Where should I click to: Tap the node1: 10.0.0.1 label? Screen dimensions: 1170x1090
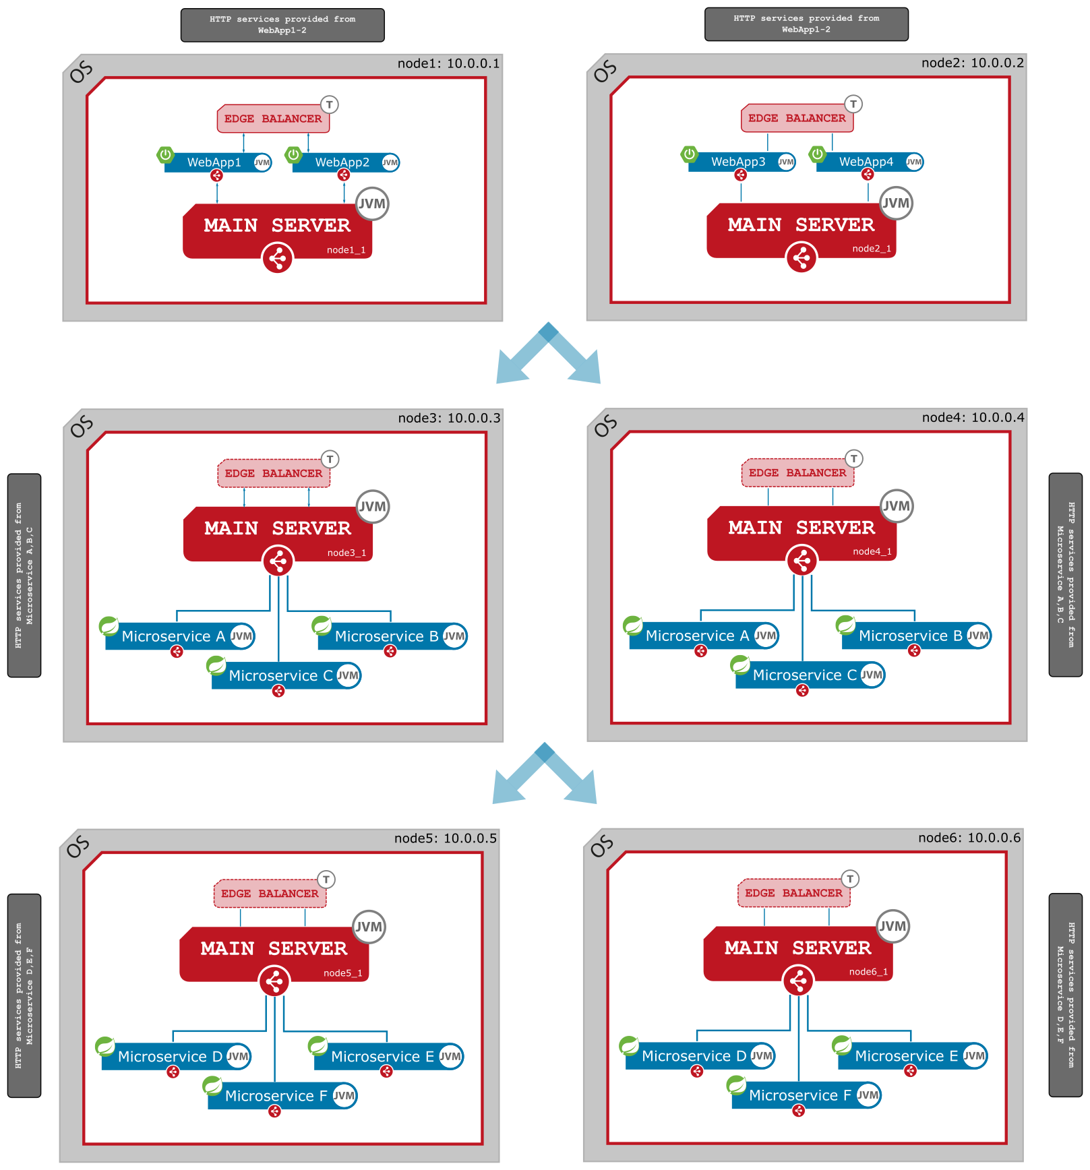pos(448,63)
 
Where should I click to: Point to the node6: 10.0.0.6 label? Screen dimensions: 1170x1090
pos(969,838)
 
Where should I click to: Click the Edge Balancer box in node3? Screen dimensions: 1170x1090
pos(274,473)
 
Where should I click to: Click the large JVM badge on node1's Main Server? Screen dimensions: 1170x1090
pos(372,204)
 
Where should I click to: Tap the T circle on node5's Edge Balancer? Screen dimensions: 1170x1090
pos(326,880)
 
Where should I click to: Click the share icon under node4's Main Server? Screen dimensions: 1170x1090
pos(801,560)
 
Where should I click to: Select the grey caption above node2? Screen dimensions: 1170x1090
pos(806,24)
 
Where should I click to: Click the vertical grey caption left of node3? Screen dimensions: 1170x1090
pos(24,575)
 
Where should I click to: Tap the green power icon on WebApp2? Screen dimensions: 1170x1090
pos(293,154)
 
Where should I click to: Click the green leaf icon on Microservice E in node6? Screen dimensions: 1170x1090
pos(841,1045)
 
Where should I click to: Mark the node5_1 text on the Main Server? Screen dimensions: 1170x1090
pos(342,973)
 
